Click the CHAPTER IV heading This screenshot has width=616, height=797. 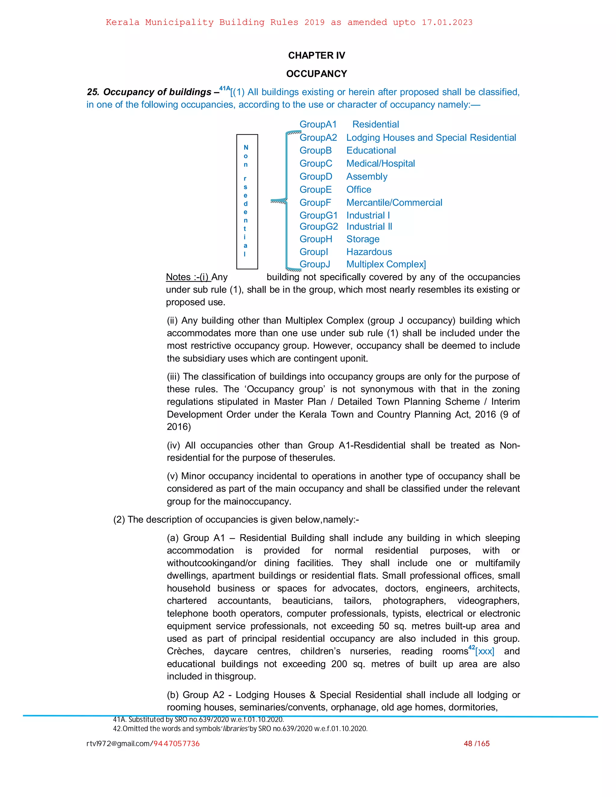[x=316, y=55]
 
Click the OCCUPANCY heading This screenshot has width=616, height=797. [x=316, y=74]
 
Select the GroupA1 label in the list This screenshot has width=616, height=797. [x=318, y=125]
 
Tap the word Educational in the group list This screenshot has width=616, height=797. [x=371, y=150]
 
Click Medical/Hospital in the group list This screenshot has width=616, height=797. [x=380, y=164]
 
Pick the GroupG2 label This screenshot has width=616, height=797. [x=319, y=227]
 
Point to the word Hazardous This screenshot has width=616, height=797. [x=369, y=252]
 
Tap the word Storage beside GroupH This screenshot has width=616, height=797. [x=363, y=239]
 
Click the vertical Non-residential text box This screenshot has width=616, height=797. [x=247, y=202]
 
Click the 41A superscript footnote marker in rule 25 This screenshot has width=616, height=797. [x=224, y=88]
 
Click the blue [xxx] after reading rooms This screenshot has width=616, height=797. [x=485, y=651]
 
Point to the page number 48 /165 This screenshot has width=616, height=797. [x=477, y=743]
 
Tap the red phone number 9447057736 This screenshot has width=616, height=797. [x=176, y=743]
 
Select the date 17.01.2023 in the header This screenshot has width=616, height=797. [x=447, y=22]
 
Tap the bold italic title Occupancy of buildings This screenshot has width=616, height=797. [x=157, y=92]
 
